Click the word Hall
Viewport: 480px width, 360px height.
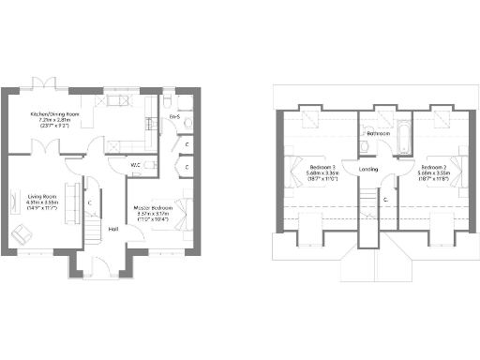click(113, 229)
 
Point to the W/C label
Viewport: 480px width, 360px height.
click(137, 165)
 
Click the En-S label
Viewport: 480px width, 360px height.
click(174, 116)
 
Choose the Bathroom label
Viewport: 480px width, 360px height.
click(378, 134)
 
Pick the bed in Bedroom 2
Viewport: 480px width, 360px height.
click(460, 169)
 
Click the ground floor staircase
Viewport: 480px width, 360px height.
click(94, 228)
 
